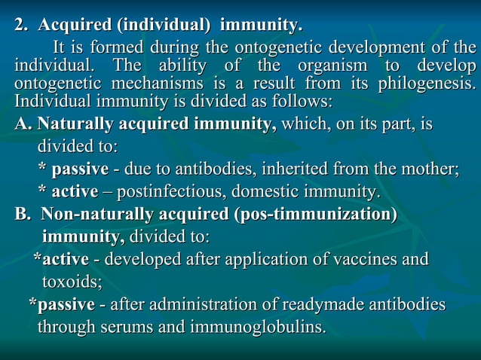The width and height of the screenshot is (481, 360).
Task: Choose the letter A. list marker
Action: (x=23, y=124)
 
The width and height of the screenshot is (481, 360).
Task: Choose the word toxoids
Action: (x=71, y=282)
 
